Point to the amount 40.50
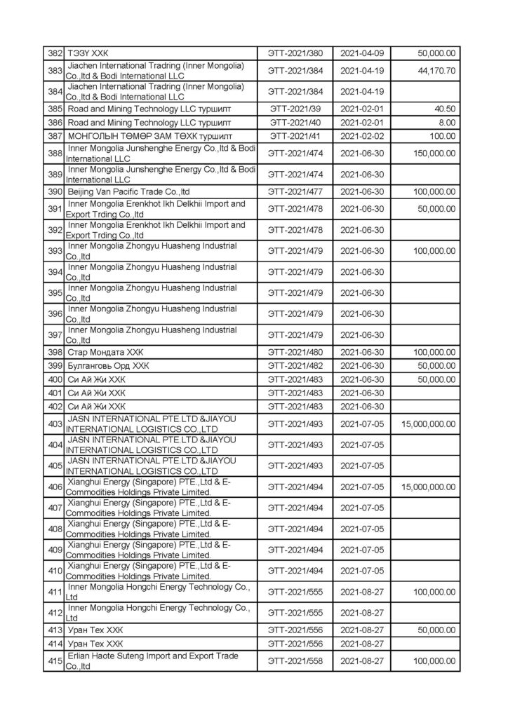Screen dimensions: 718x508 tap(446, 109)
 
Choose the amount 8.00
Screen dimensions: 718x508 tap(448, 123)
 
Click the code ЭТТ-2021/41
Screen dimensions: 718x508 tap(295, 136)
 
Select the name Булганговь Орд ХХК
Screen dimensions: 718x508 tap(108, 366)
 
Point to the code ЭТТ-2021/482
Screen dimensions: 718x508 tap(295, 366)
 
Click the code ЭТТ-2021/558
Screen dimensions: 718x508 tap(295, 661)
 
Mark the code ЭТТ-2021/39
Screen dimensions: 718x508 tap(295, 109)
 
